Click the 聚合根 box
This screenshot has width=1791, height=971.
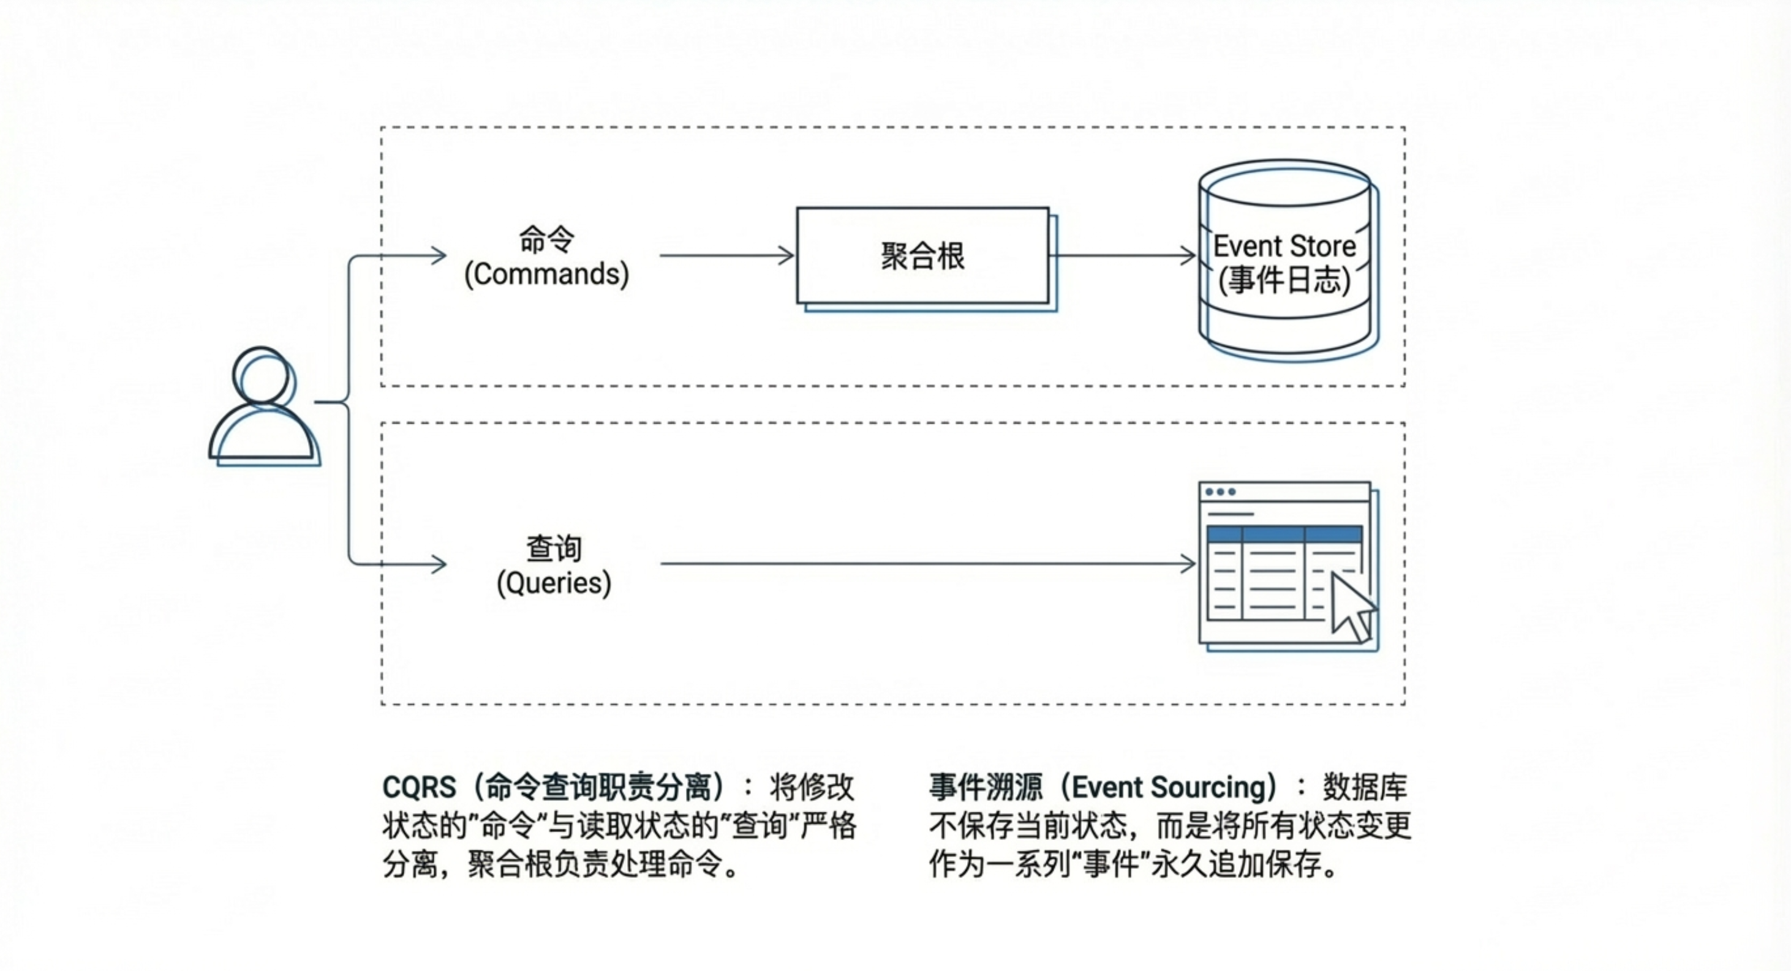[x=922, y=256]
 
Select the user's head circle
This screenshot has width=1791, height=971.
[x=262, y=375]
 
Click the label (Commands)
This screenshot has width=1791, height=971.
[x=546, y=274]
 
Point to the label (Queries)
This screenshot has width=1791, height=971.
[x=554, y=583]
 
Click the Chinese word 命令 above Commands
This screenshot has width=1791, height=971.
[x=546, y=240]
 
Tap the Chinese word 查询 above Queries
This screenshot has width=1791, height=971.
[x=554, y=549]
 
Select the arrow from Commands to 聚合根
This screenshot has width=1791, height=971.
[x=726, y=256]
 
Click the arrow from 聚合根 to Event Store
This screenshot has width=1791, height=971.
[x=1123, y=256]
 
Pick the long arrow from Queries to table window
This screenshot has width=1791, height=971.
[x=925, y=564]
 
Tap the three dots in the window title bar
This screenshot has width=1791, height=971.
[x=1220, y=492]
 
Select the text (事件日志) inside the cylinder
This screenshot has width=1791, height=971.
[x=1284, y=281]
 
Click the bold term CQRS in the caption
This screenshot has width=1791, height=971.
[x=419, y=787]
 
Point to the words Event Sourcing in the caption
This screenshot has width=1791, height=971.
[x=1169, y=787]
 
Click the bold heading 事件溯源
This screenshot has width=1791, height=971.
[x=986, y=787]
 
